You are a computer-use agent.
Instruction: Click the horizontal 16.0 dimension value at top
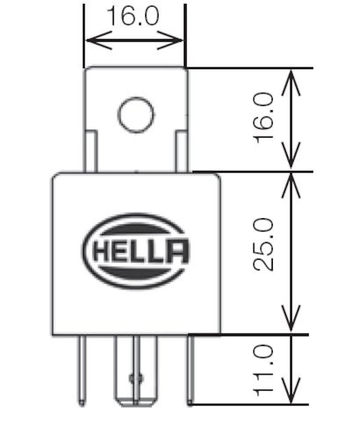click(x=133, y=17)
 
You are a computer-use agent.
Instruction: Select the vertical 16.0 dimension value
click(x=264, y=118)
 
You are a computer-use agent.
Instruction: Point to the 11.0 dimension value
click(x=264, y=370)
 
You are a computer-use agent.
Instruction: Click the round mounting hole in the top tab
click(x=135, y=114)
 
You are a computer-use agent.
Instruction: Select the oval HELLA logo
click(x=136, y=251)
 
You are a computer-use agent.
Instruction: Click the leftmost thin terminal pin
click(x=82, y=370)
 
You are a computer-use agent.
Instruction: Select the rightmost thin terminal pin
click(x=190, y=370)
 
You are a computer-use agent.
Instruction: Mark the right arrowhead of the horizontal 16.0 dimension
click(x=177, y=40)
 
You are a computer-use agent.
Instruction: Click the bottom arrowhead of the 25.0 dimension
click(x=290, y=326)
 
